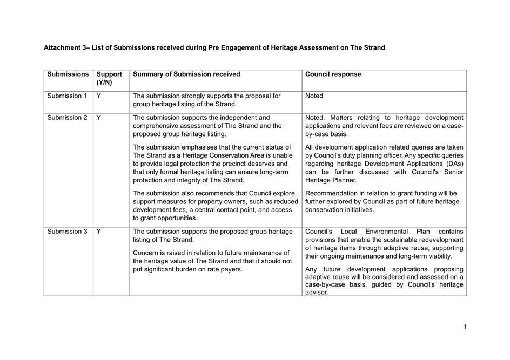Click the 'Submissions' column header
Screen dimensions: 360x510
68,74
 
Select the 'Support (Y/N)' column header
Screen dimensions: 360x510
109,79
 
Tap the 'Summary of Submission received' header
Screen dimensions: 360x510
186,74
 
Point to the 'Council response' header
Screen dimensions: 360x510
333,74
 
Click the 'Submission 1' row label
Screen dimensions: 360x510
67,96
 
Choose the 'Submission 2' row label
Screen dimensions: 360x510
67,117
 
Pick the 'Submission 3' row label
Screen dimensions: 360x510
67,232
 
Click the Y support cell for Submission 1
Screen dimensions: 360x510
99,96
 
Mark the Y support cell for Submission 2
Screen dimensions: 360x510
99,117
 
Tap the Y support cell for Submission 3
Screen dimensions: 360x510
99,232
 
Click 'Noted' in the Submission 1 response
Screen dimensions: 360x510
314,96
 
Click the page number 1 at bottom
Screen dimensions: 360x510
464,327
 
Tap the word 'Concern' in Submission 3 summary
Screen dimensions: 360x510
146,253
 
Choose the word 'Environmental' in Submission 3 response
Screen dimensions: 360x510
386,232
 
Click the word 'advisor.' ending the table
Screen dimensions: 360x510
317,293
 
